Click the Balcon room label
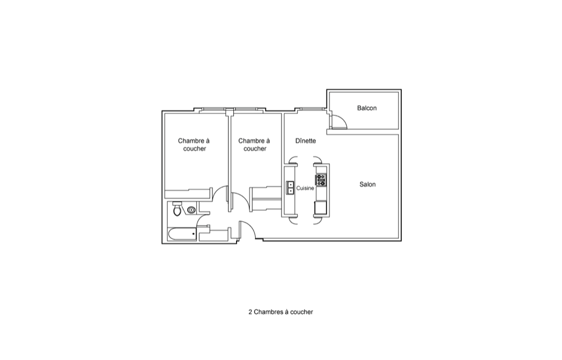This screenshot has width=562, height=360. (366, 108)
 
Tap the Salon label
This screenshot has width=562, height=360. (368, 184)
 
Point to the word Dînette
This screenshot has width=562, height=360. (306, 141)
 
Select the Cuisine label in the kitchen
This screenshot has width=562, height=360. (305, 188)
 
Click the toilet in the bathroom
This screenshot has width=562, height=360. (177, 208)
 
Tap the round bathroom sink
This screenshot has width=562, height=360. (192, 210)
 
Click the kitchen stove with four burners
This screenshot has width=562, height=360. (321, 180)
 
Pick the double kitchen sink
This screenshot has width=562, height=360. (289, 187)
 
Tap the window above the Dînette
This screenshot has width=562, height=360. (310, 109)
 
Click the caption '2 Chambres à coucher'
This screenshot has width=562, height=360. (280, 312)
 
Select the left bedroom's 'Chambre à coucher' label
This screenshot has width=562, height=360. (194, 145)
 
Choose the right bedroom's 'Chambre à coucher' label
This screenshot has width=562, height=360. (254, 145)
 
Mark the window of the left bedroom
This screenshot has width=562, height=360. (213, 109)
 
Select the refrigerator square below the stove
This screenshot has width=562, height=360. (320, 208)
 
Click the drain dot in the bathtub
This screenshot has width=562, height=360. (193, 234)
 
